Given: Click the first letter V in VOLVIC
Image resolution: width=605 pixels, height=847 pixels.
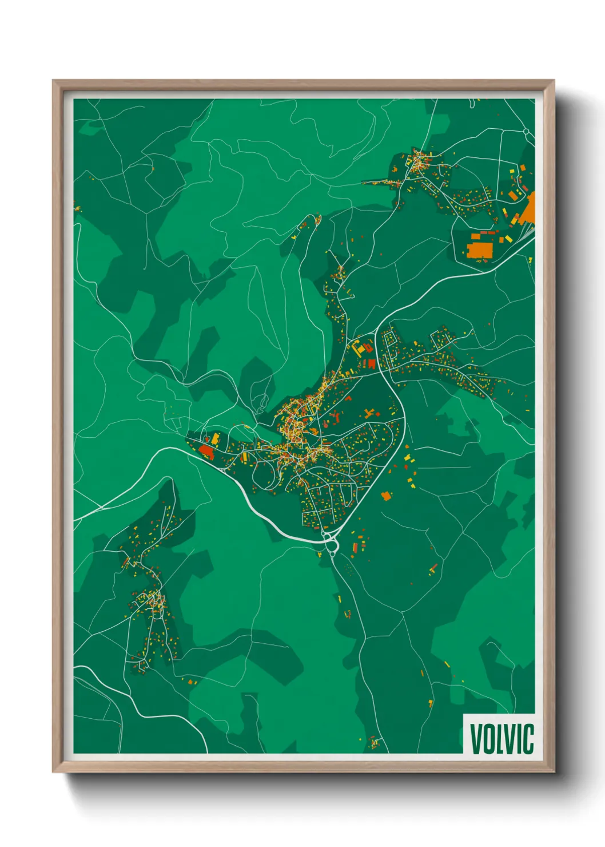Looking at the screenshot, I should click(x=476, y=739).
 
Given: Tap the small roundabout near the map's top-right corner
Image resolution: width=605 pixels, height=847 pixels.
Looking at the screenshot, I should click(x=526, y=132).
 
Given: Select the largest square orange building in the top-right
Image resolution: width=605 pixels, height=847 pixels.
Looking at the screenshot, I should click(x=479, y=251).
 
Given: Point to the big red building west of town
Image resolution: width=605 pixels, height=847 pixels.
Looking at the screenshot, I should click(x=206, y=452).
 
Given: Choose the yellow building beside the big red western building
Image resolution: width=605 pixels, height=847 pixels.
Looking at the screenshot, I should click(x=216, y=439).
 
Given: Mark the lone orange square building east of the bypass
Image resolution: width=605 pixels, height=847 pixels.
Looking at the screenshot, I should click(x=387, y=496).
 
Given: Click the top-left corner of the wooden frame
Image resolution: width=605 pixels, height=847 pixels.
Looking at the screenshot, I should click(x=54, y=81).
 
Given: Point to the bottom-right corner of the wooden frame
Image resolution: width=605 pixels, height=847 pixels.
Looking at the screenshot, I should click(x=554, y=771).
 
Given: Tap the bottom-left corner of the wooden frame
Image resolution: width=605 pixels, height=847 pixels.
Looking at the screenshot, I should click(x=54, y=771).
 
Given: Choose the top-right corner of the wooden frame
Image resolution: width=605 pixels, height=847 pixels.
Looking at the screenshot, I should click(x=554, y=81).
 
